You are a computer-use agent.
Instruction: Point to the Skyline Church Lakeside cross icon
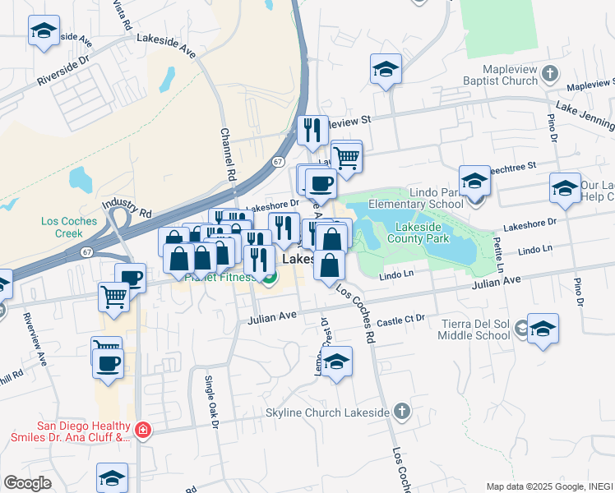401,411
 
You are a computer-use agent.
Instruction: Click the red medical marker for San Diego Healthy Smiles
143,430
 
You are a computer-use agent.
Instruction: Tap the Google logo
26,483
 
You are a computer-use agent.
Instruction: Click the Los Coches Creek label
69,227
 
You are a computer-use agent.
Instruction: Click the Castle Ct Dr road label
403,317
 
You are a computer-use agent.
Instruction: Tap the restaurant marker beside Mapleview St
312,130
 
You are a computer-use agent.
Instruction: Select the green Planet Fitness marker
269,279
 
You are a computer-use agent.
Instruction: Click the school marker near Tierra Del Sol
543,329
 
